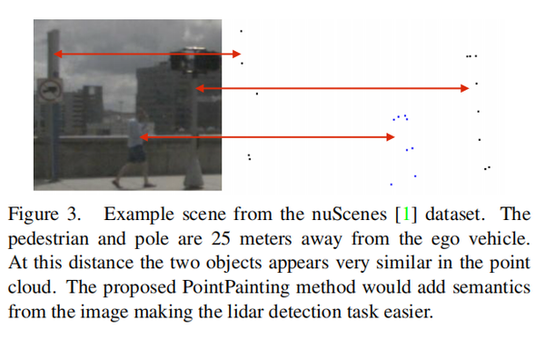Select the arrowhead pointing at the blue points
pos(391,137)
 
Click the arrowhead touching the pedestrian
pos(144,137)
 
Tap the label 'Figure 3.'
pos(45,216)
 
